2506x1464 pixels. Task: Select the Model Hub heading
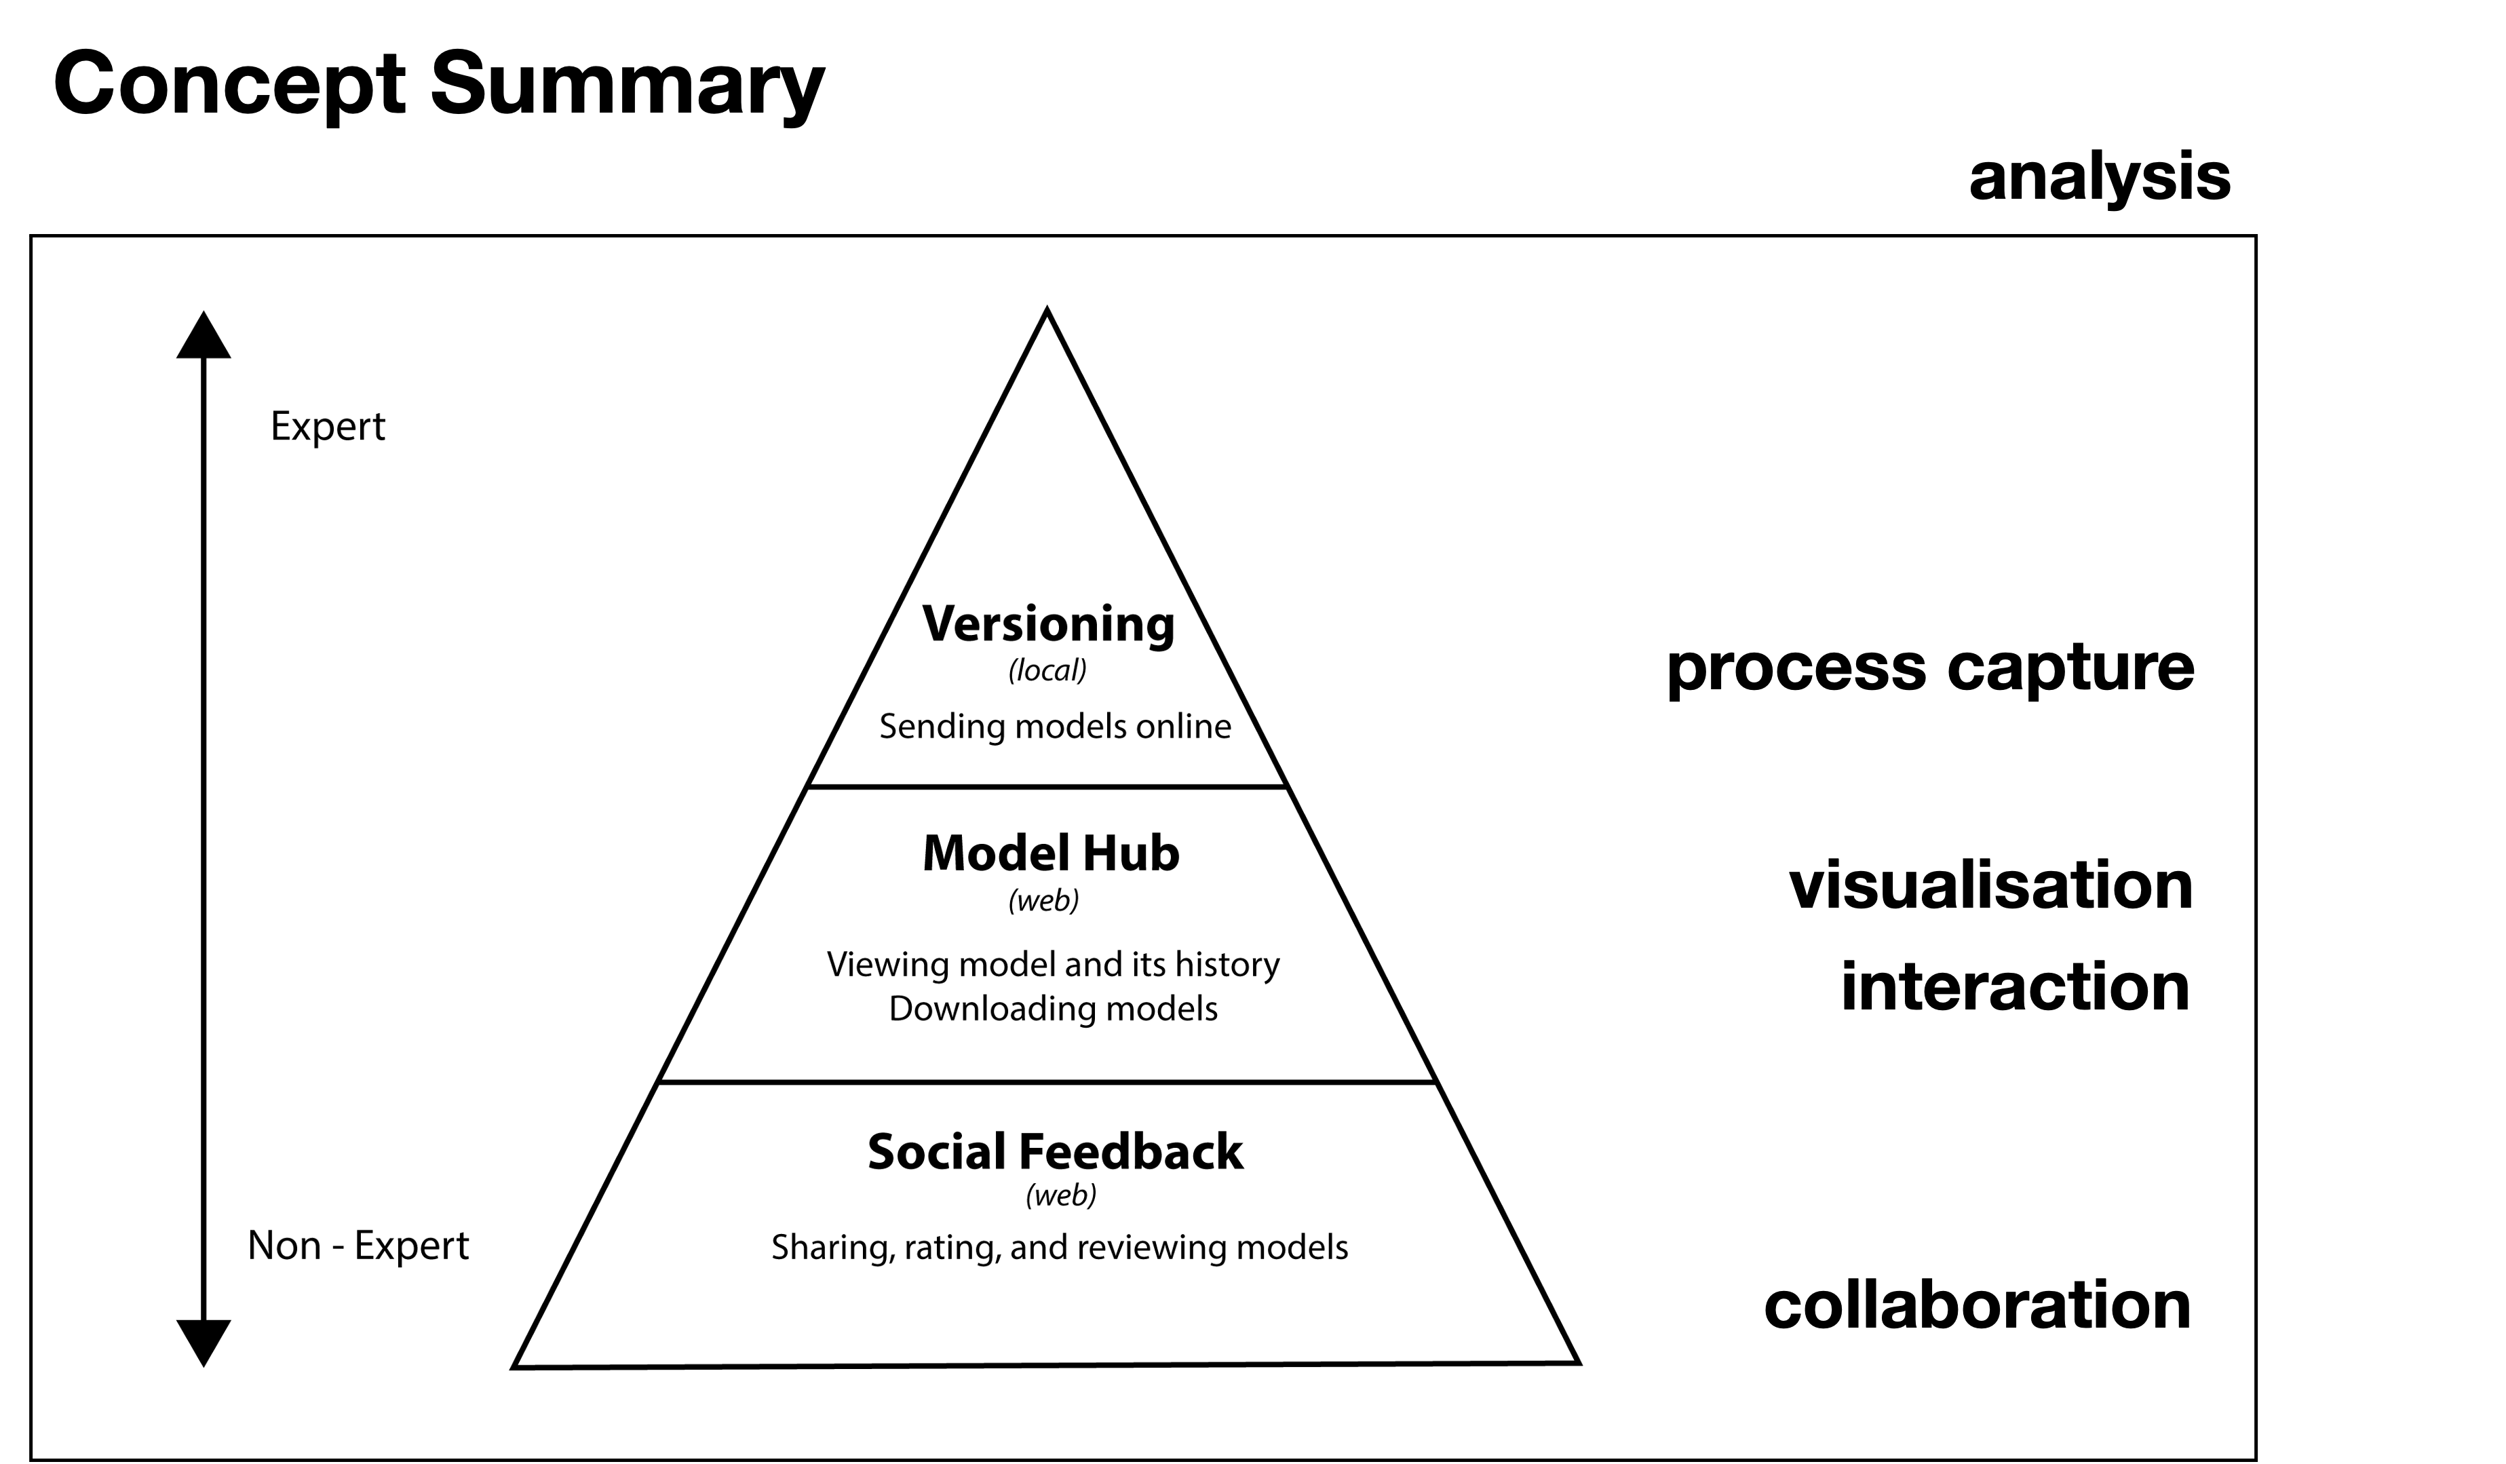coord(1050,853)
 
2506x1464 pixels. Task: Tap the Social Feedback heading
coord(1054,1152)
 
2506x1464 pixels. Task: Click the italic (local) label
coord(1047,672)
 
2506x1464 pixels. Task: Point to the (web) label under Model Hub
coord(1043,901)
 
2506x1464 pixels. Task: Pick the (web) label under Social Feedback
coord(1060,1195)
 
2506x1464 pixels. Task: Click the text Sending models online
coord(1054,727)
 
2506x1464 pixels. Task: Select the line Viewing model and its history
coord(1052,964)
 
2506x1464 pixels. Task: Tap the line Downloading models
coord(1052,1009)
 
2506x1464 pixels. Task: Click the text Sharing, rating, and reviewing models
coord(1059,1247)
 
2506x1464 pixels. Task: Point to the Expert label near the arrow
coord(327,427)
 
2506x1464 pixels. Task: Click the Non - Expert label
coord(357,1245)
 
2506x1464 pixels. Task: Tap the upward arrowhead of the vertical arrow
coord(204,336)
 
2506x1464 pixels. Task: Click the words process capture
coord(1929,668)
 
